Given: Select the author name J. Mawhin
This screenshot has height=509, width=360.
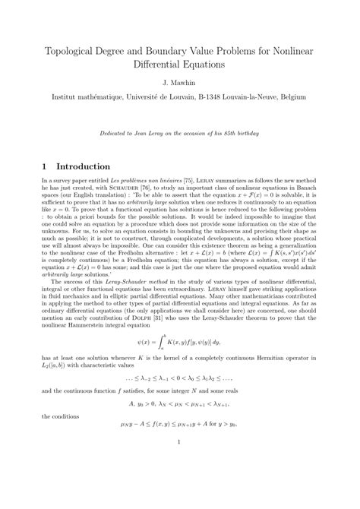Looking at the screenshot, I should (179, 80).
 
